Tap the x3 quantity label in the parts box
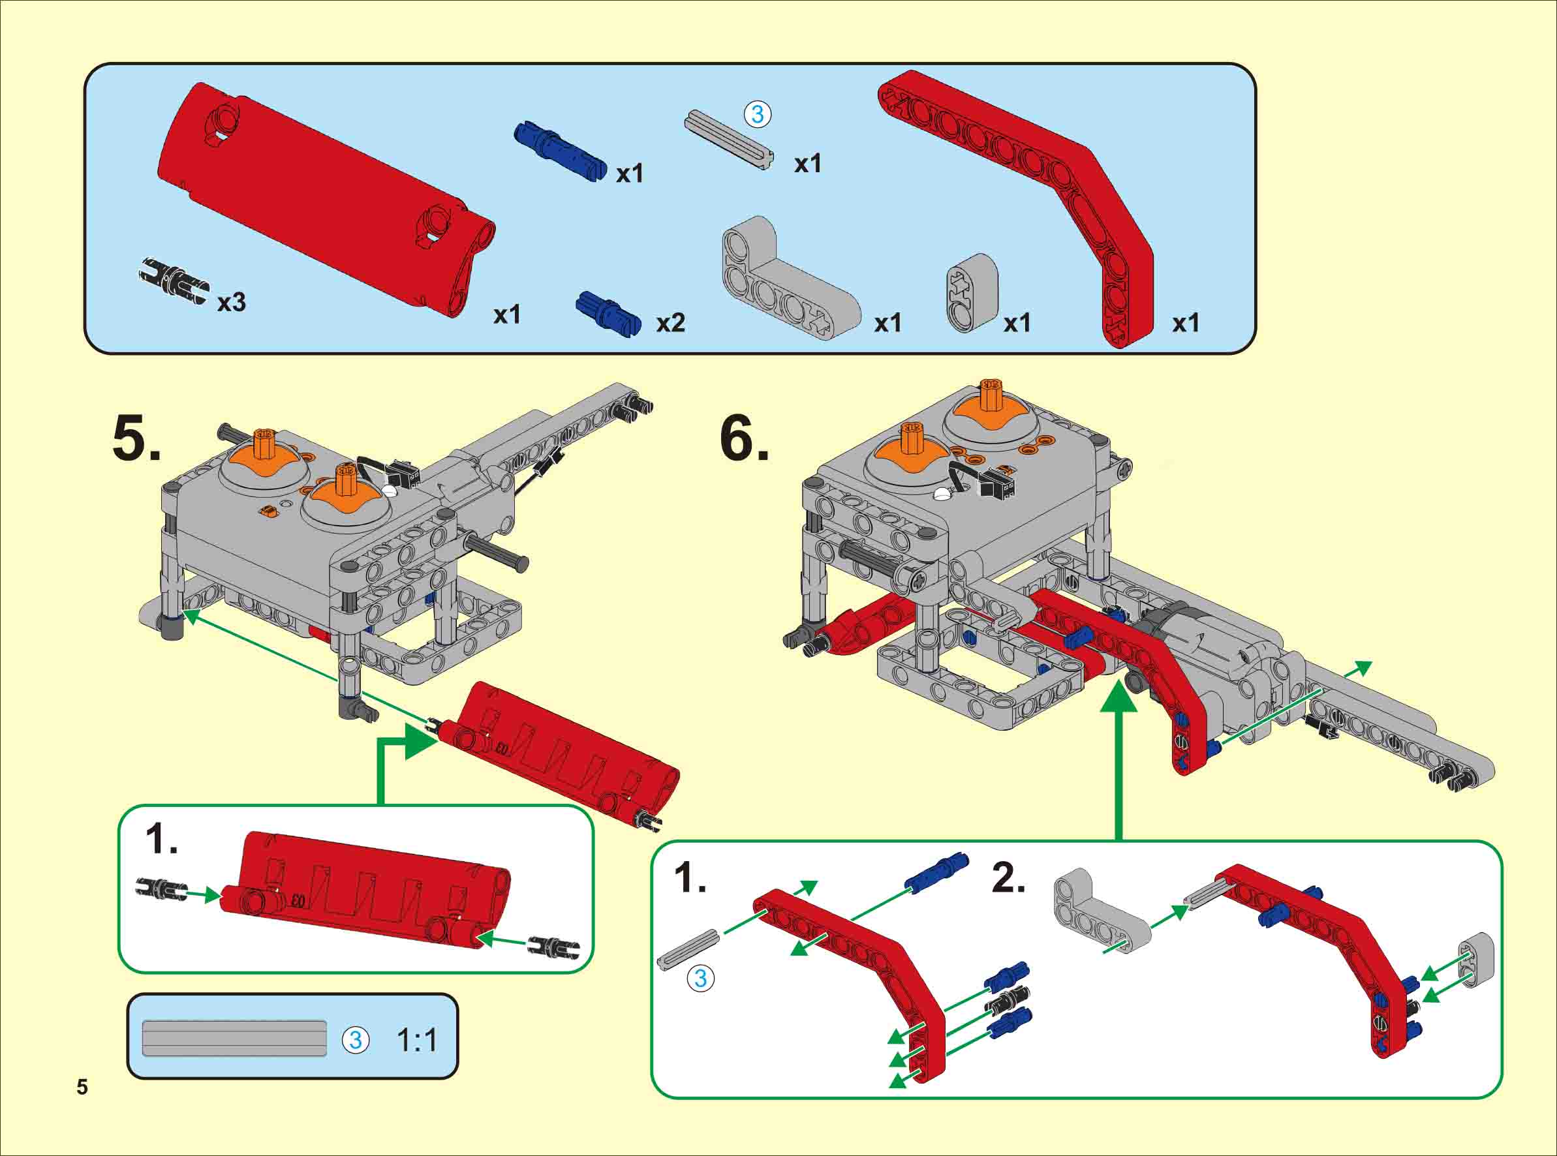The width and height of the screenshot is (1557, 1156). point(232,303)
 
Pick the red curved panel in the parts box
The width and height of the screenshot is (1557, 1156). point(326,200)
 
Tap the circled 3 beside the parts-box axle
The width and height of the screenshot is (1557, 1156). point(757,114)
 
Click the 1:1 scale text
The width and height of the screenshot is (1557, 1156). point(417,1041)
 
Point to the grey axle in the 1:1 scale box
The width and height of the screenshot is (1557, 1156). point(234,1039)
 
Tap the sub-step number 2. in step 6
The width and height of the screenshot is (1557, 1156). point(1008,878)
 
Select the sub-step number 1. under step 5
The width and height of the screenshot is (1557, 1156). point(161,839)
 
